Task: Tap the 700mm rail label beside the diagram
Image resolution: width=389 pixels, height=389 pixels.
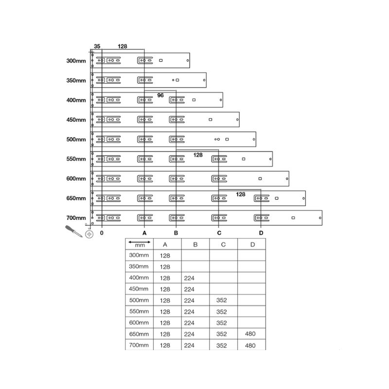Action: pos(76,218)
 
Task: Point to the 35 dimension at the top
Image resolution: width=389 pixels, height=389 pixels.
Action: pos(97,46)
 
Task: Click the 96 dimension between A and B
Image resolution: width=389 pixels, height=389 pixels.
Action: pos(160,96)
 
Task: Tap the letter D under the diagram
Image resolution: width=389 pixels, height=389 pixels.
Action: pos(261,233)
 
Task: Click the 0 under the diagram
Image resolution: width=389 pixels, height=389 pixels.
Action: pos(102,233)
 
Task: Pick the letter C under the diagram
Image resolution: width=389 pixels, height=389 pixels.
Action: pos(219,233)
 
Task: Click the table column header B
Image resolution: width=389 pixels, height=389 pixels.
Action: pos(195,244)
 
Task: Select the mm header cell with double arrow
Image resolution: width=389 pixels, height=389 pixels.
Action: pos(140,244)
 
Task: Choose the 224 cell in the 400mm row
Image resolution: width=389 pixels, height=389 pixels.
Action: pos(190,278)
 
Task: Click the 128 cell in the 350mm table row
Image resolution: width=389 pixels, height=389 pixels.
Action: pos(165,267)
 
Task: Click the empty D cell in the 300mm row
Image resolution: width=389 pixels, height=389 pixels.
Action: pos(251,255)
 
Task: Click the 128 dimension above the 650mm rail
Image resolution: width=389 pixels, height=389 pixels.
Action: pos(241,194)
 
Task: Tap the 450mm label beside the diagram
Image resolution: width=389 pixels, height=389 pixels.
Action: pos(76,120)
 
